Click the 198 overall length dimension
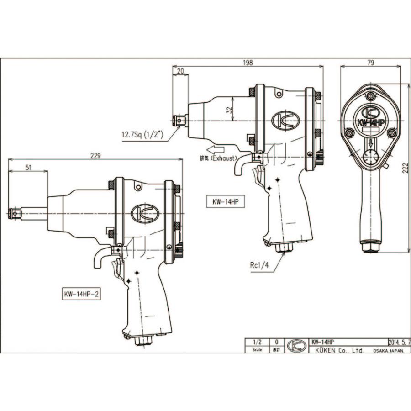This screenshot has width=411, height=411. (248, 63)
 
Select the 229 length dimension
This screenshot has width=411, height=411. (95, 156)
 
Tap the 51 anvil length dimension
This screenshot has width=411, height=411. (28, 168)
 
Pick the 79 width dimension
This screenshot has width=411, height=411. (371, 63)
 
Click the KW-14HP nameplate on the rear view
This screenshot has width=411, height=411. (371, 123)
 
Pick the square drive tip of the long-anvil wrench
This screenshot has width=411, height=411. (15, 213)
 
